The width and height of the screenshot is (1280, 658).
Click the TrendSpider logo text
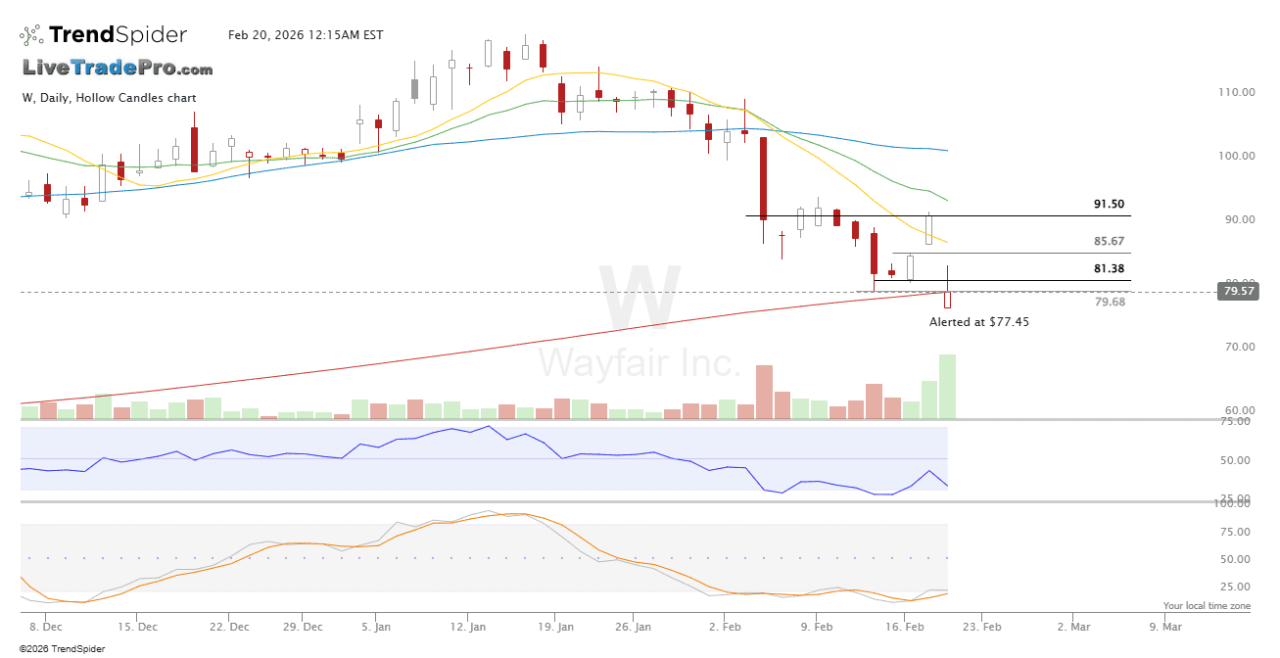click(x=118, y=35)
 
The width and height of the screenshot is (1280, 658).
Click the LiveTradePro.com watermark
click(x=118, y=69)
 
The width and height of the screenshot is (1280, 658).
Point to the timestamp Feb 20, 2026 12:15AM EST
click(x=306, y=35)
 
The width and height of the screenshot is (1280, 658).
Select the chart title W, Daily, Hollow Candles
click(x=109, y=98)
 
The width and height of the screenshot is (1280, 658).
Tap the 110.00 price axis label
click(x=1236, y=92)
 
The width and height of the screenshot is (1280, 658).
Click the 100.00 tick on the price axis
click(x=1236, y=156)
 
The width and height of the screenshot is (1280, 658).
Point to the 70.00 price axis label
click(x=1236, y=347)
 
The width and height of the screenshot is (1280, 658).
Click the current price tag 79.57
click(x=1237, y=291)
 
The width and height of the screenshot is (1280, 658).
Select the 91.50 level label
click(x=1109, y=204)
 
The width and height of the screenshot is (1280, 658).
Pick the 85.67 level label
click(x=1109, y=241)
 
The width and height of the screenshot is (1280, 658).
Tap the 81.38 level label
click(x=1109, y=268)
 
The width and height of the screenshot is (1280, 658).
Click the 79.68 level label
click(x=1109, y=302)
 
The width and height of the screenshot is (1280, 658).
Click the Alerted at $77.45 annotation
click(x=979, y=321)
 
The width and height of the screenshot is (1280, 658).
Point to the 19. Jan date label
click(x=556, y=626)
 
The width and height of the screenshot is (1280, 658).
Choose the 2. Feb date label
click(x=725, y=626)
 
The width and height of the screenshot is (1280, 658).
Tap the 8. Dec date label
click(x=46, y=626)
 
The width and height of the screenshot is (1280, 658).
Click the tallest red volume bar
click(x=764, y=392)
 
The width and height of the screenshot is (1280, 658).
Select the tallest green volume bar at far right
click(x=947, y=387)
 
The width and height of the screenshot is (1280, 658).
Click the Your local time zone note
click(x=1207, y=606)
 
